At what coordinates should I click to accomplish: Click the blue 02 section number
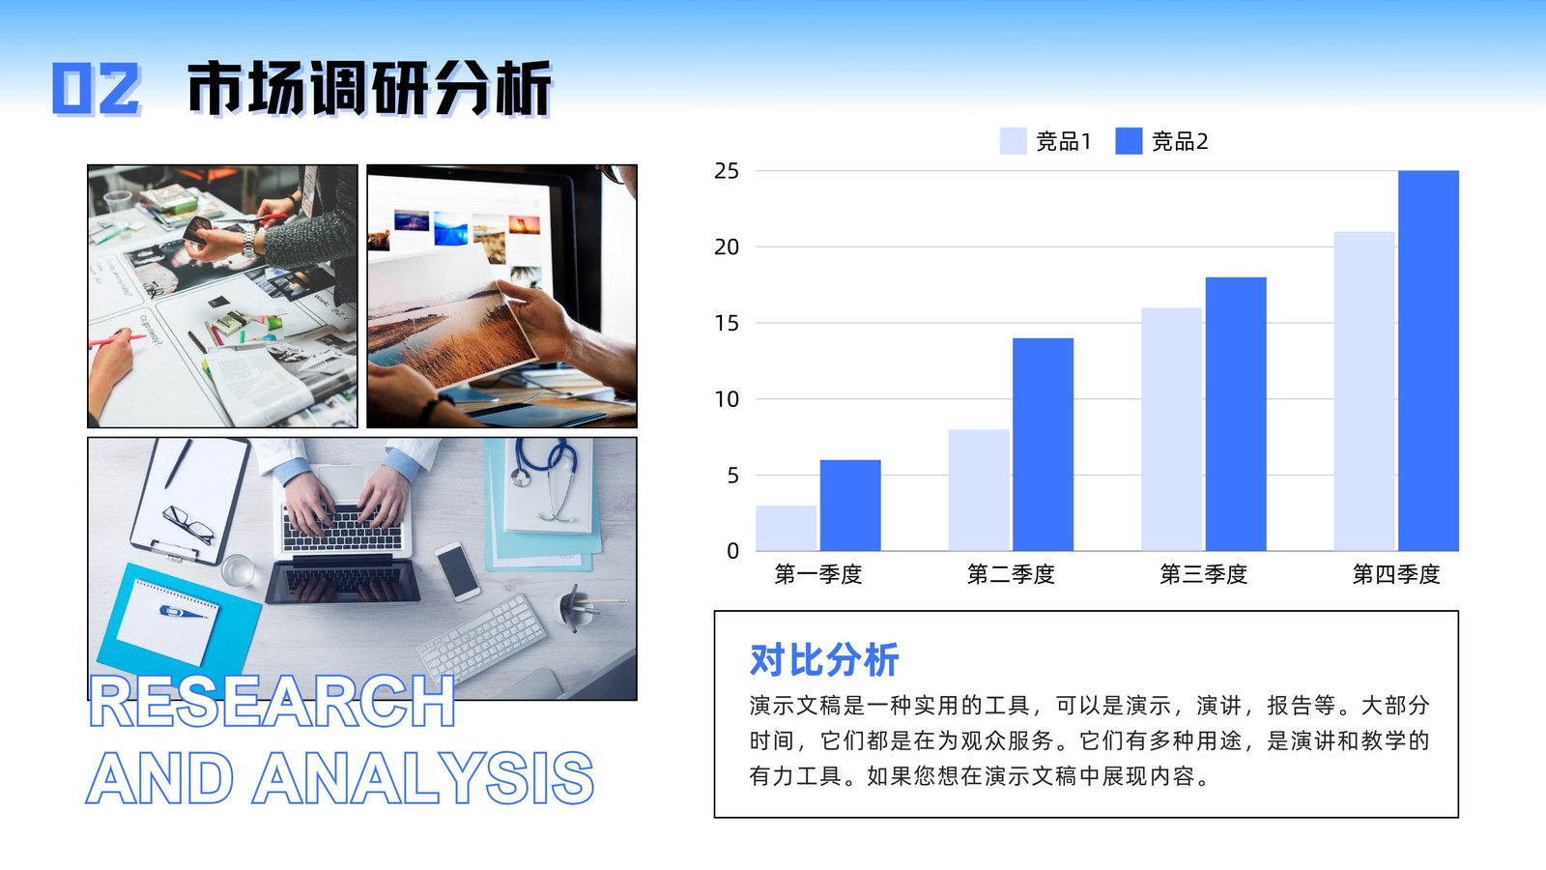(x=97, y=88)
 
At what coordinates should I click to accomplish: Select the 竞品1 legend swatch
(x=1013, y=141)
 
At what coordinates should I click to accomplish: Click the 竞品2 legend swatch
(x=1129, y=141)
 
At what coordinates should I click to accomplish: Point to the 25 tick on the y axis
(x=726, y=170)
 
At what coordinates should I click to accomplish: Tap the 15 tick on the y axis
(x=726, y=323)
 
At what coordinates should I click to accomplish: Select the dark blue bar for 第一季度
(x=850, y=506)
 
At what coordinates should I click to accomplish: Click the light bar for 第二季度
(x=979, y=490)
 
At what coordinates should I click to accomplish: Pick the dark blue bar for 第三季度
(x=1236, y=415)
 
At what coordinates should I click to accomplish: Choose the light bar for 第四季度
(x=1364, y=391)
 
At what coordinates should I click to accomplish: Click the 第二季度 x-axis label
(x=1011, y=574)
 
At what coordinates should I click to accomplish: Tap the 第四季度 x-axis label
(x=1396, y=574)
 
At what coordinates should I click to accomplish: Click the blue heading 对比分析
(x=824, y=659)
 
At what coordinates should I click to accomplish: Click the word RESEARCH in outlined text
(x=272, y=702)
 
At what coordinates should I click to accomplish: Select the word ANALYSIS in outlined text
(x=423, y=778)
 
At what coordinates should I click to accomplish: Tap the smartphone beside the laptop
(x=457, y=571)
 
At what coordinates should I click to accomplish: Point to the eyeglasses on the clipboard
(x=188, y=525)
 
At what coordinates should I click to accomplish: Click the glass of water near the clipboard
(x=238, y=570)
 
